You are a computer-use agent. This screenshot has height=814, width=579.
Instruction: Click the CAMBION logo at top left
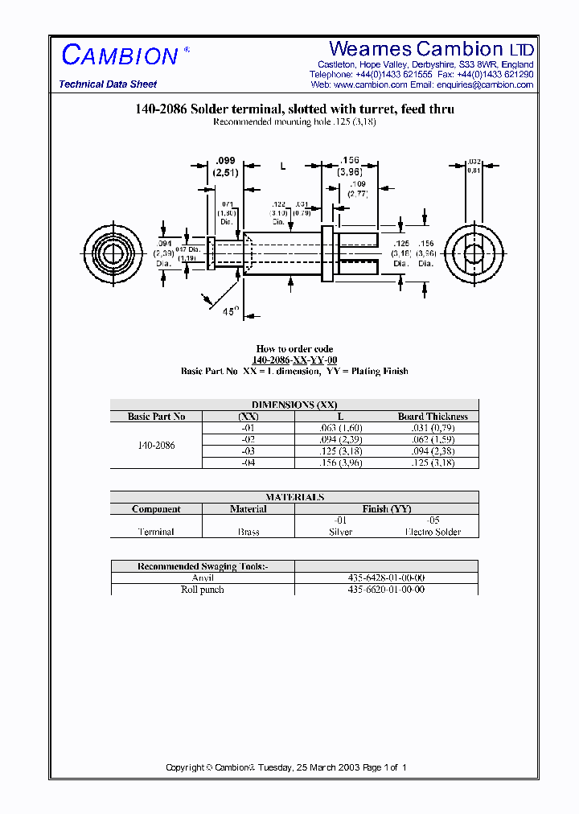(120, 55)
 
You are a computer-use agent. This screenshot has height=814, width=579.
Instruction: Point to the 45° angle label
(231, 311)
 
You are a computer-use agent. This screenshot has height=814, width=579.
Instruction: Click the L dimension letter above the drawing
(282, 166)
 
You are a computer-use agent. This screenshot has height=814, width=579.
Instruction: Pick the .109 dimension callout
(357, 184)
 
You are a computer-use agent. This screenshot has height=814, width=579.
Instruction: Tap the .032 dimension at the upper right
(474, 162)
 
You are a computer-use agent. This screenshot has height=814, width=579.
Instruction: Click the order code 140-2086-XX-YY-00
(294, 360)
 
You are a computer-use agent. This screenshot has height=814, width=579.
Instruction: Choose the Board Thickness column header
(432, 417)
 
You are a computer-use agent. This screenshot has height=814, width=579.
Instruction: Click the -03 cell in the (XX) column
(248, 451)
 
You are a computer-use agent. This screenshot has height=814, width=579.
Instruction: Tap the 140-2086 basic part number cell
(156, 445)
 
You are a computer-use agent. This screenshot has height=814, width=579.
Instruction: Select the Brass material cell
(248, 532)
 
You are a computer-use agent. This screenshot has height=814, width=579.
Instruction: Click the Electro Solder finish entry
(433, 532)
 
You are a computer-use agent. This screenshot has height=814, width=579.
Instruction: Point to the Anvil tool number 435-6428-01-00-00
(386, 578)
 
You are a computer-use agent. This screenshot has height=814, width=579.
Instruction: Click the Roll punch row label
(203, 590)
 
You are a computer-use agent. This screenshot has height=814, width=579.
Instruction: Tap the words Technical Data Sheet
(108, 84)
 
